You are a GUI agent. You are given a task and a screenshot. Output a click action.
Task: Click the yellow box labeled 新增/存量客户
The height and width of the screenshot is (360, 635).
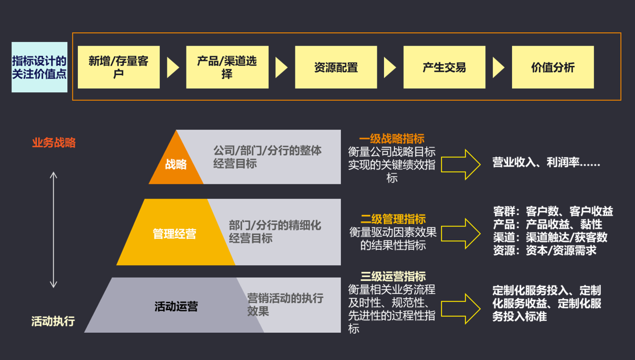coord(118,67)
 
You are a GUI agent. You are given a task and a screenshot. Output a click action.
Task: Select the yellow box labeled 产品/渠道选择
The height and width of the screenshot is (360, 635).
coord(227,67)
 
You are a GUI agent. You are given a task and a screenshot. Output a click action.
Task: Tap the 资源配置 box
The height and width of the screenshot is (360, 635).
coord(336,67)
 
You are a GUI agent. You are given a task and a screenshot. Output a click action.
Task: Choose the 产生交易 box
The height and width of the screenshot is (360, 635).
coord(444,67)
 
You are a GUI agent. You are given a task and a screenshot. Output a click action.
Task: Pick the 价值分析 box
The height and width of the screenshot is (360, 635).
coord(552,67)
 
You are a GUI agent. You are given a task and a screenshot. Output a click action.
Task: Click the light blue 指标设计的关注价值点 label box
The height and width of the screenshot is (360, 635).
coord(39,67)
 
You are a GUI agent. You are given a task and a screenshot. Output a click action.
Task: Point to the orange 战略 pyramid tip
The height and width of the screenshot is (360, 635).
coord(176,164)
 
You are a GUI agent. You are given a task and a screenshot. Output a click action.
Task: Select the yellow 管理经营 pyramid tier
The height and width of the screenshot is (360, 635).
coord(174,234)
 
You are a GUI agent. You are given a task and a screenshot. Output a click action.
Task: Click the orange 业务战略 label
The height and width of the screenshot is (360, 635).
coord(53,143)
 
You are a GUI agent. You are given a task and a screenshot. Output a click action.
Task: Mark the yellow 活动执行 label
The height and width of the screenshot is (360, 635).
coord(53,321)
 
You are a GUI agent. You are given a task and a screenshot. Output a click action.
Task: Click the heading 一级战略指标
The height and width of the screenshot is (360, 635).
coord(391,139)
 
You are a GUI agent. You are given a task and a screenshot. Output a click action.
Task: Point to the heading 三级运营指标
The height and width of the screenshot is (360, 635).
coord(393,277)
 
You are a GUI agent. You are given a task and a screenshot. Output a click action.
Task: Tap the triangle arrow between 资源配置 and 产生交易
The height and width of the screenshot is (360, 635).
coord(390,67)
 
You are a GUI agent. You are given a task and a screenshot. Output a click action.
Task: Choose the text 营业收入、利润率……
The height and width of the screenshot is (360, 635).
coord(546,163)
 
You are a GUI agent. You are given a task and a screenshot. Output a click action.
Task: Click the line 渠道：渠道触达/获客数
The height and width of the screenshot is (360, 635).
coord(550,237)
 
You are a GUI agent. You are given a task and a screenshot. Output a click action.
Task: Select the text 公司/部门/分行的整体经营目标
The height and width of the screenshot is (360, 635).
coord(267,157)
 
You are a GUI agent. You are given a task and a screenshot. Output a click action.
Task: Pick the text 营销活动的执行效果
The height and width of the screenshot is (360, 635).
coord(285,304)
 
